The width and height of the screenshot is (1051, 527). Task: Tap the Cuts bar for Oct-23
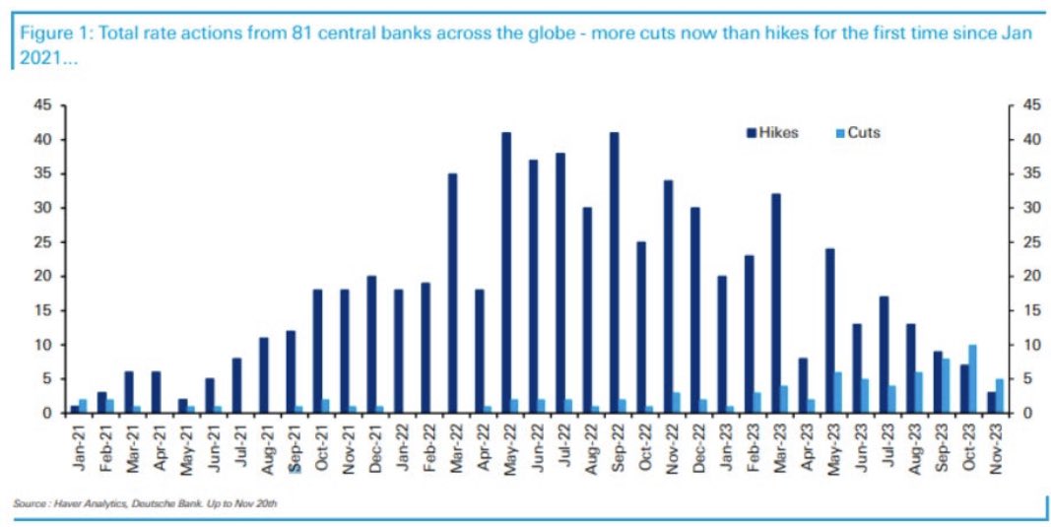[973, 379]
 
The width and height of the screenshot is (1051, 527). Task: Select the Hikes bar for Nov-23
[992, 403]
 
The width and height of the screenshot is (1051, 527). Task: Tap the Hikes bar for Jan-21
[75, 410]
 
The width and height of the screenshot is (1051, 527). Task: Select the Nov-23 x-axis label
[997, 448]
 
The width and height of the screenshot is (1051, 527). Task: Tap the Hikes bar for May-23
[830, 331]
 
